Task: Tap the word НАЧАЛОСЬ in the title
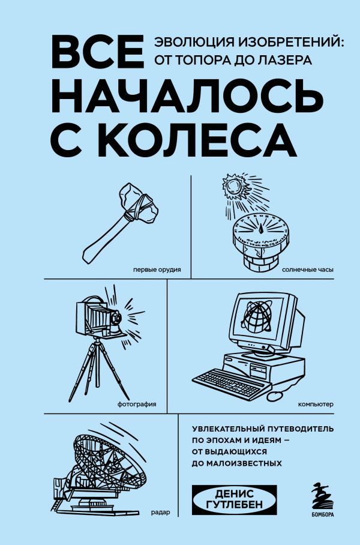(x=180, y=94)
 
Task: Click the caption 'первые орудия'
(x=160, y=269)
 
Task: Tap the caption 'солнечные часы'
(x=308, y=269)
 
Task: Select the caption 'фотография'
(x=137, y=404)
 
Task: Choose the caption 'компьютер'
(x=314, y=404)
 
